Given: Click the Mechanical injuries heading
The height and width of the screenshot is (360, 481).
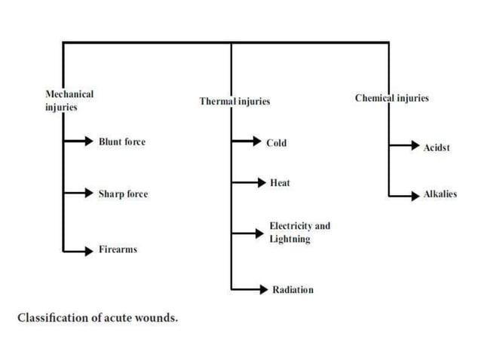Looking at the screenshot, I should [69, 101].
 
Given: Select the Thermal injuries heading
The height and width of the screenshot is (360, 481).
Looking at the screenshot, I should [234, 101].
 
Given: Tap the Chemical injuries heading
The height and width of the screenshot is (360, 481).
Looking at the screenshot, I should [392, 98].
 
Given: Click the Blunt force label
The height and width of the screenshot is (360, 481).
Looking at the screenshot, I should [122, 142].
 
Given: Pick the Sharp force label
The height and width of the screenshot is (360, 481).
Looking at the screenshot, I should [123, 194].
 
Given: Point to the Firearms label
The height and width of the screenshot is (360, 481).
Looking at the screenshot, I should [118, 249].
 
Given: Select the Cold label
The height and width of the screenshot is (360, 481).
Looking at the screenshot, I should [276, 142].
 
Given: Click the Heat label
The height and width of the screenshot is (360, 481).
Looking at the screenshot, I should [280, 183].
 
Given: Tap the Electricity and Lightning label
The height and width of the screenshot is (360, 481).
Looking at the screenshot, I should [299, 232].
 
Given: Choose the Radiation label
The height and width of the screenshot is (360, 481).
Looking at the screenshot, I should [293, 290].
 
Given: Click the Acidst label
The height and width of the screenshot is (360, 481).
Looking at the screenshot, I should [436, 148].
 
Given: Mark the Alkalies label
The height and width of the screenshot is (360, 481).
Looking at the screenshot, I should [440, 194].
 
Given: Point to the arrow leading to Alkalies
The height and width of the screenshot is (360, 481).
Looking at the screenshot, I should [403, 196].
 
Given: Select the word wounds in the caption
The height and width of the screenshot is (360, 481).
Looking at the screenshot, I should [158, 318].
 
